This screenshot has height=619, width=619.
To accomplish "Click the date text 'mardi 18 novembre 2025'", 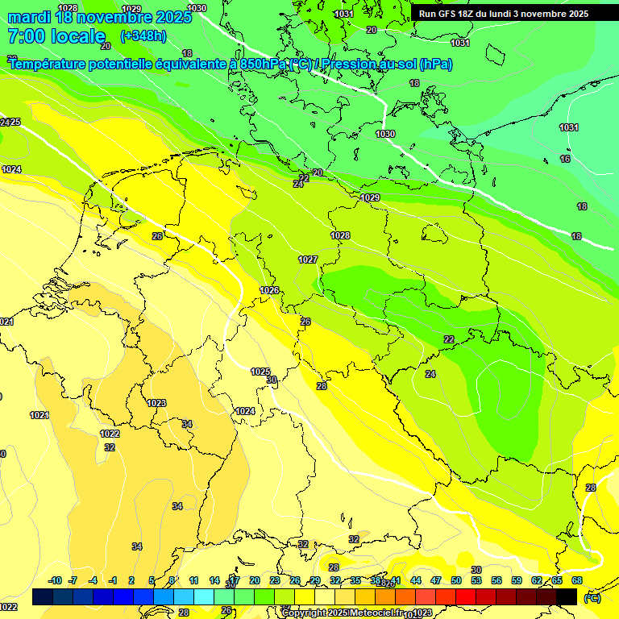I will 99,17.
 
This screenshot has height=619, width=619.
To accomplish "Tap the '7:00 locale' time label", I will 56,36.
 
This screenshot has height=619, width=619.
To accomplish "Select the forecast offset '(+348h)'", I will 143,36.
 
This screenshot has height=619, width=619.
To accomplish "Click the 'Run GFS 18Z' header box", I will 504,14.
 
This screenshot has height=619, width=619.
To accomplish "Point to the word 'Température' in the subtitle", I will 48,64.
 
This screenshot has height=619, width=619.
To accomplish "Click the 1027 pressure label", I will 307,260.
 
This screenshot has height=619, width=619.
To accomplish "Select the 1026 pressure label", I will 269,290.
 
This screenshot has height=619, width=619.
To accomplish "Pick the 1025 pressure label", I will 260,372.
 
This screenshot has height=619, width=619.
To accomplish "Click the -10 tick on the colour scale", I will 55,580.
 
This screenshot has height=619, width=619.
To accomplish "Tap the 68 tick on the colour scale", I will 577,580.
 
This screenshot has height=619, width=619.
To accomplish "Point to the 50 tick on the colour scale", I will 456,580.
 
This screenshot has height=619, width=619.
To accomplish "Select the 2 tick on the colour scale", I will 132,580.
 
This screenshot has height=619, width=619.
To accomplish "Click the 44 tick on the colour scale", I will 416,580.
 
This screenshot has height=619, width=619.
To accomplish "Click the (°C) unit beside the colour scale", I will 592,598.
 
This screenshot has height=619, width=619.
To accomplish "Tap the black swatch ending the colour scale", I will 567,597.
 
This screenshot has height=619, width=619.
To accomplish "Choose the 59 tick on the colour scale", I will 517,580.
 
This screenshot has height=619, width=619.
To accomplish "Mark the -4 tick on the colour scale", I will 93,580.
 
